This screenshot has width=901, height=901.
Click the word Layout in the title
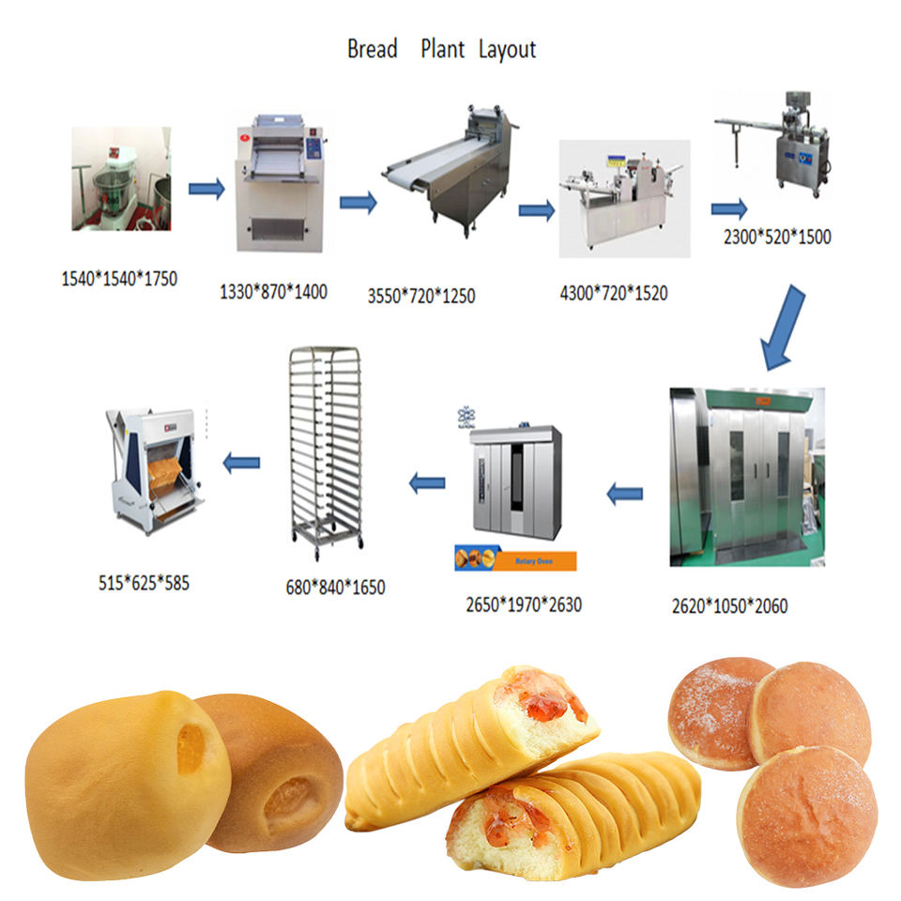point(507,49)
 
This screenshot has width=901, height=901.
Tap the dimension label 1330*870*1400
point(273,291)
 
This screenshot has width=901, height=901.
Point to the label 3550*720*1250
point(421,297)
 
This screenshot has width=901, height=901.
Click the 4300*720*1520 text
point(614,294)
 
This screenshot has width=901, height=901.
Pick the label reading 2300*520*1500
point(776,237)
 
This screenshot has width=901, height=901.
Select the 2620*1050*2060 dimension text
point(729,606)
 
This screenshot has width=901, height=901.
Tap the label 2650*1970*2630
point(524,604)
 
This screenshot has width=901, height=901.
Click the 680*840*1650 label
point(335,588)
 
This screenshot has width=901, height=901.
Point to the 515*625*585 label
point(144,582)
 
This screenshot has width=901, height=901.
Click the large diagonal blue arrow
point(784,328)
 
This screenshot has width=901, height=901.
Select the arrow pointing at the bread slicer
point(241,463)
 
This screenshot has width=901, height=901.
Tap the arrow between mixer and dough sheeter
point(206,190)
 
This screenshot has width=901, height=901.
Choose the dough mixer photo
point(121,178)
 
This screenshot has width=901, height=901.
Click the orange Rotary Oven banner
point(515,561)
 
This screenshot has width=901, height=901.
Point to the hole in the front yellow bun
point(191,748)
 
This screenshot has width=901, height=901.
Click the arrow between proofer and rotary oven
point(624,493)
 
